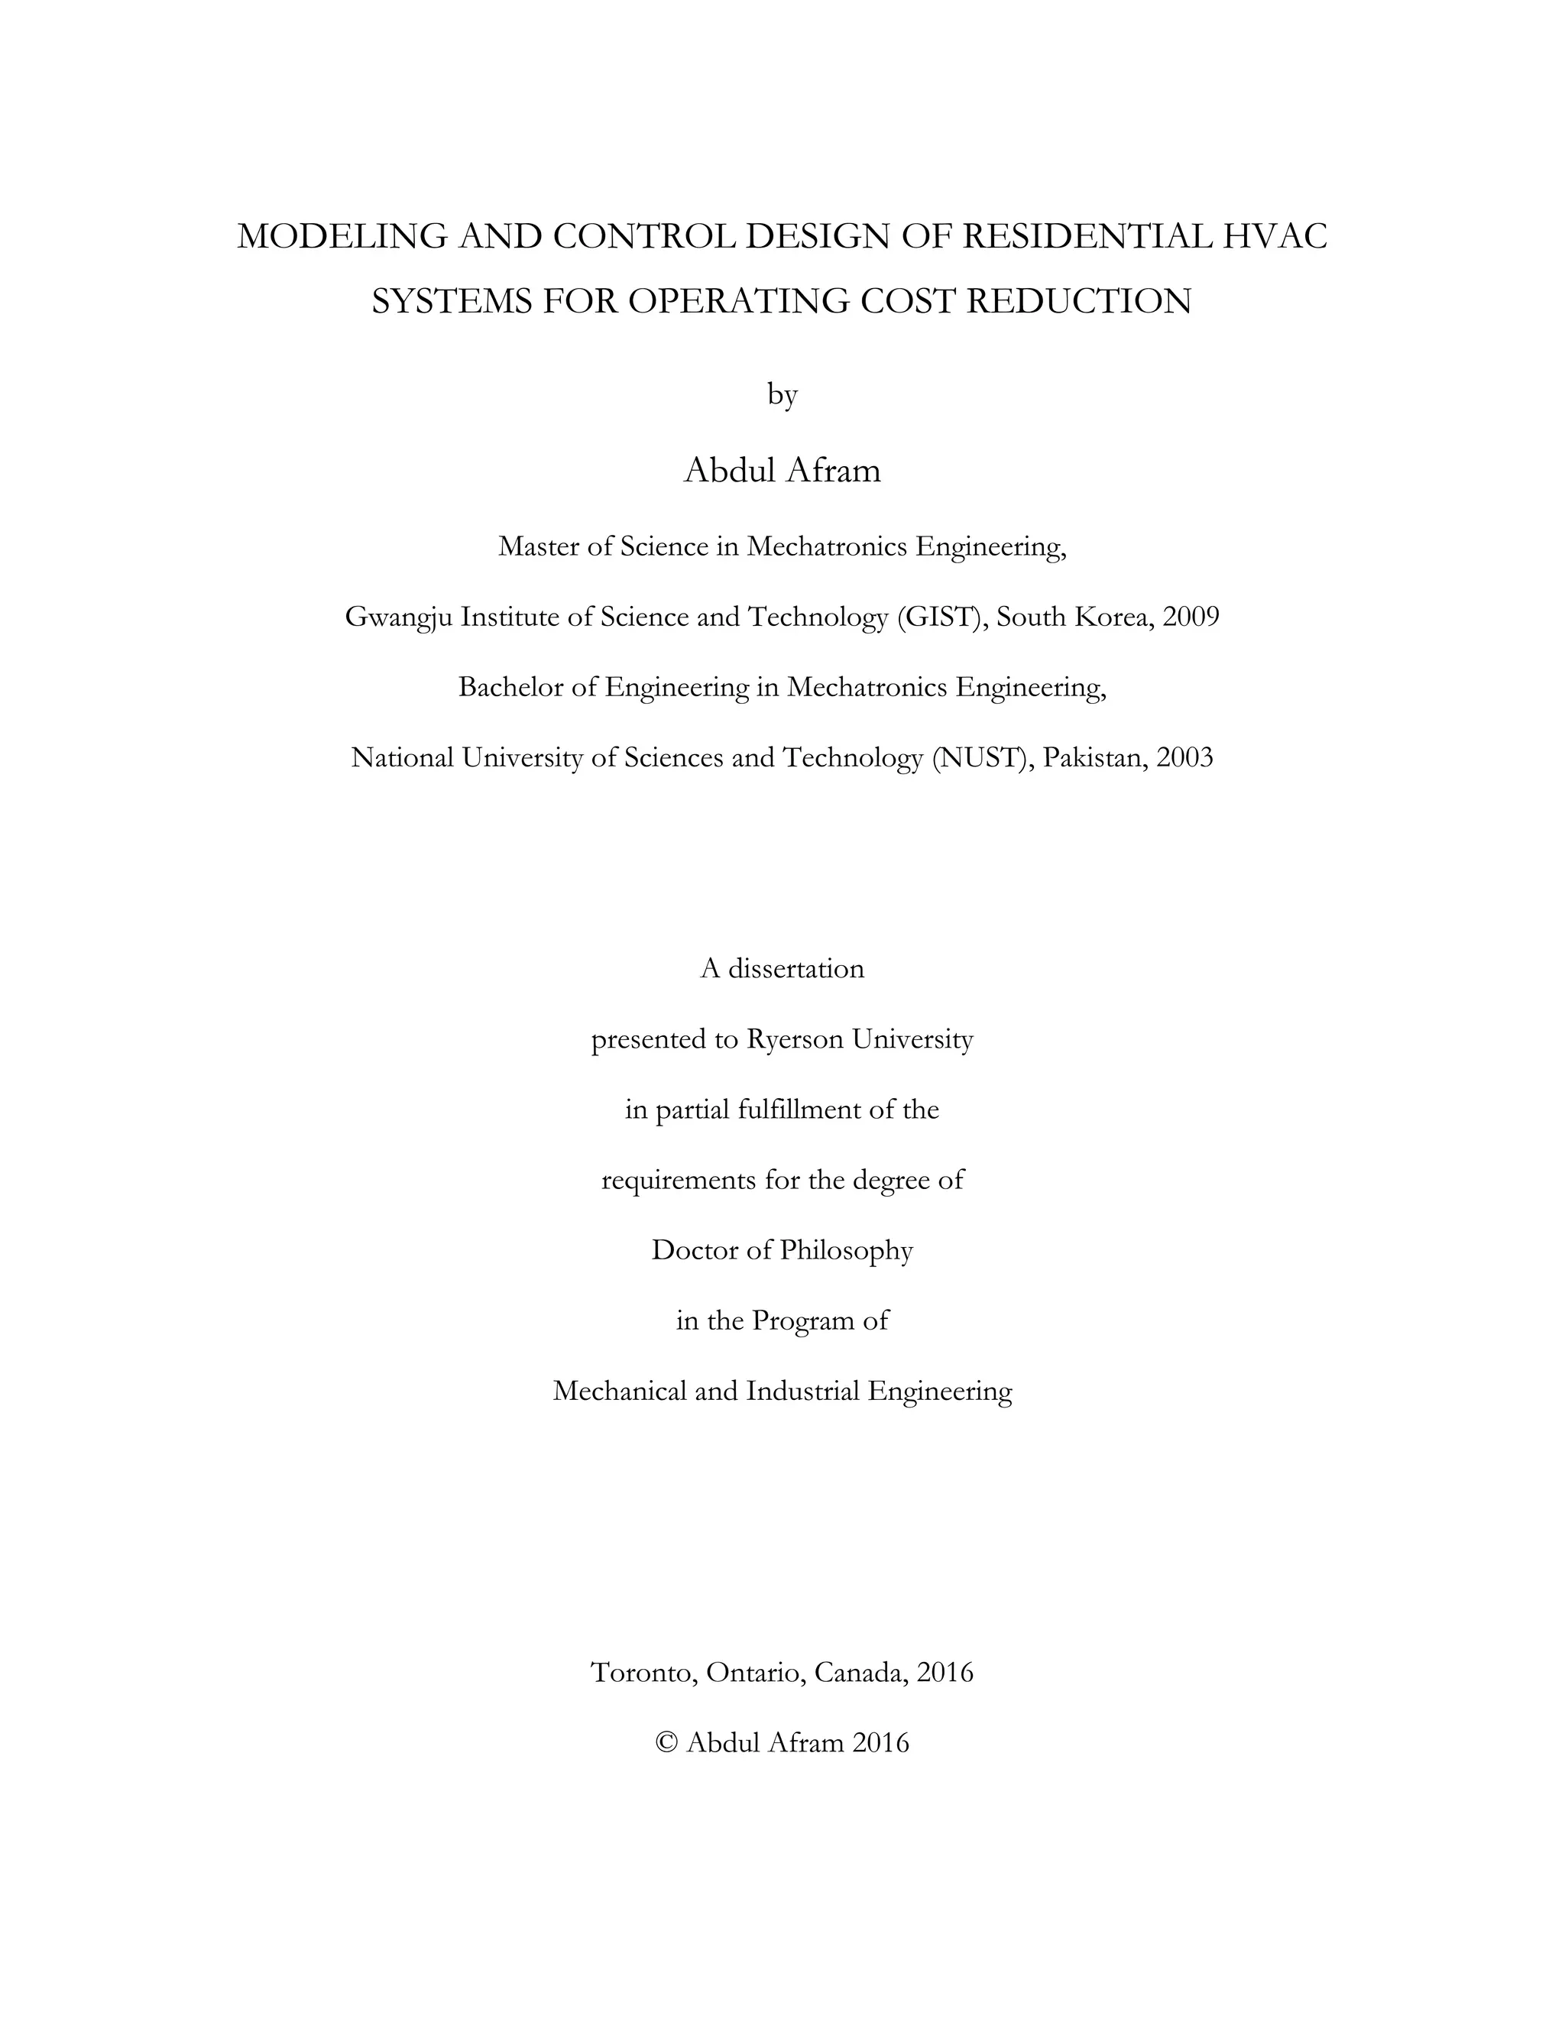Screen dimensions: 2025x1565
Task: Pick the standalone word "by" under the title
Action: (782, 395)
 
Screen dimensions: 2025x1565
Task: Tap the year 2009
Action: (1191, 617)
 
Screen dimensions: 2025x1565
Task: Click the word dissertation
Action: (795, 969)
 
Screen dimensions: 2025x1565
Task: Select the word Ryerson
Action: (795, 1040)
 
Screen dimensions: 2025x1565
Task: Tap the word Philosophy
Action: (847, 1251)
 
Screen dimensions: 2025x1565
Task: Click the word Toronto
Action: (643, 1673)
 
